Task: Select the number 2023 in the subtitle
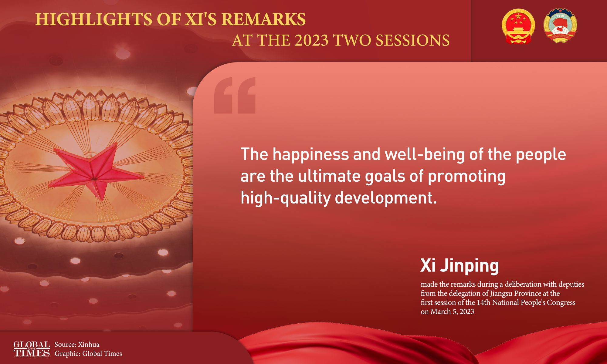click(x=311, y=40)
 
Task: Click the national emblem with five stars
click(x=518, y=26)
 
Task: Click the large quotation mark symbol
click(x=235, y=95)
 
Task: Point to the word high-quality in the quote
click(x=285, y=198)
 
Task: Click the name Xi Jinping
click(x=459, y=266)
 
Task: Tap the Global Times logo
click(x=32, y=349)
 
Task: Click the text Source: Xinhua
click(x=77, y=344)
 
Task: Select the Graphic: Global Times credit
click(x=88, y=354)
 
